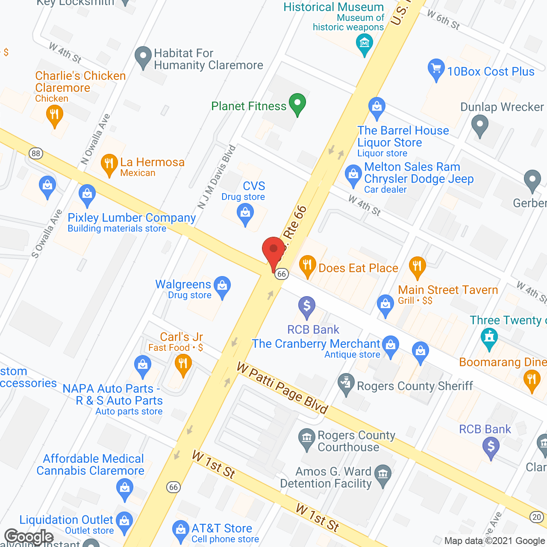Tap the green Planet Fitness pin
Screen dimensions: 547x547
[x=297, y=104]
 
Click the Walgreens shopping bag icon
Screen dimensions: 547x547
[x=222, y=286]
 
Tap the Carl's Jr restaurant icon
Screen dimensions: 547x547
[x=183, y=365]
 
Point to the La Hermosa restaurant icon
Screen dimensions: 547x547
[x=109, y=164]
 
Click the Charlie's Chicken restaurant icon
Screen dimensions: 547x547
[x=54, y=115]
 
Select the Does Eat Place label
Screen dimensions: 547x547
[x=358, y=268]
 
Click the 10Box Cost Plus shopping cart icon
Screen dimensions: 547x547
[x=436, y=69]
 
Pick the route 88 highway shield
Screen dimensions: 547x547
[x=36, y=153]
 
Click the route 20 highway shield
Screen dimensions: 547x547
[x=537, y=517]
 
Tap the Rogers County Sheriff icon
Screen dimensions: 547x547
[x=346, y=383]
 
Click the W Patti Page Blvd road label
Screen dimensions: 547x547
[x=282, y=388]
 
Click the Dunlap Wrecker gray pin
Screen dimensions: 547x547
[x=479, y=126]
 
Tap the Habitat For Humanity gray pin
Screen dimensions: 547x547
[x=143, y=56]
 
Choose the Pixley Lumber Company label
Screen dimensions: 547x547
[x=132, y=218]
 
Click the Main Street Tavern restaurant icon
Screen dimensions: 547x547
[x=417, y=266]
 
